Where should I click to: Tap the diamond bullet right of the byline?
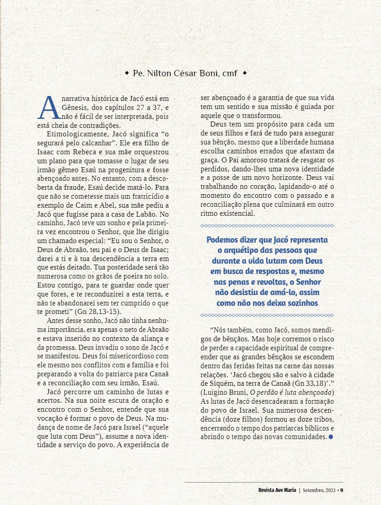[244, 73]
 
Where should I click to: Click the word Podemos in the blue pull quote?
[223, 239]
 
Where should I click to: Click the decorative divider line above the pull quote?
[267, 226]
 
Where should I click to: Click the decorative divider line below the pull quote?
[267, 315]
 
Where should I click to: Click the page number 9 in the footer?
[342, 490]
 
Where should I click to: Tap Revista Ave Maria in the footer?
[277, 490]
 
